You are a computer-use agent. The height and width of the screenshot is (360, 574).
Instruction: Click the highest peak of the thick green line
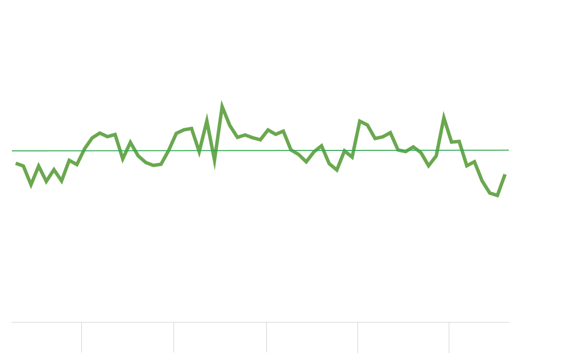[221, 106]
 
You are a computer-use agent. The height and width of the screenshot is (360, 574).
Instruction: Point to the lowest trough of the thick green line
[498, 196]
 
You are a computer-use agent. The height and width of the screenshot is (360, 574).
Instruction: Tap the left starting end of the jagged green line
[16, 163]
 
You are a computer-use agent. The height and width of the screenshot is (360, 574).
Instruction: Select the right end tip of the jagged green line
[505, 175]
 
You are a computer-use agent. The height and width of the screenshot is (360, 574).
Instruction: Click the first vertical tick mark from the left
[81, 337]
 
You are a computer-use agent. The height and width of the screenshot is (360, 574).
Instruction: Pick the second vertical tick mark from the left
[174, 337]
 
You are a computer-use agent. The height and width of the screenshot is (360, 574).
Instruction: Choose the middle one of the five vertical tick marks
[266, 337]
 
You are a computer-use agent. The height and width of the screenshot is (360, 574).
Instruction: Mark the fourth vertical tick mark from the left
[358, 337]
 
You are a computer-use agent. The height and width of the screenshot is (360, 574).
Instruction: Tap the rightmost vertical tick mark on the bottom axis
[449, 337]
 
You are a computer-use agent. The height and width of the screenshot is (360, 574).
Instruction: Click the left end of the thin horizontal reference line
[12, 150]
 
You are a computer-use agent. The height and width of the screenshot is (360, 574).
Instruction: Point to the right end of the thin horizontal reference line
[508, 150]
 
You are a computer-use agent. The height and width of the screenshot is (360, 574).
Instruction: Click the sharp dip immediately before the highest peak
[215, 165]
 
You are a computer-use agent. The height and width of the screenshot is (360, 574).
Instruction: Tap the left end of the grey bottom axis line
[12, 322]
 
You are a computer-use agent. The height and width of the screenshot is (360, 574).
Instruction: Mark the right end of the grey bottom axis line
[508, 322]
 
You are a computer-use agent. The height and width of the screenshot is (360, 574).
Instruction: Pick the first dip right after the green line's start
[31, 186]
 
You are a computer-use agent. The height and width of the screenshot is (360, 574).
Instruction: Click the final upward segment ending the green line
[502, 185]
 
